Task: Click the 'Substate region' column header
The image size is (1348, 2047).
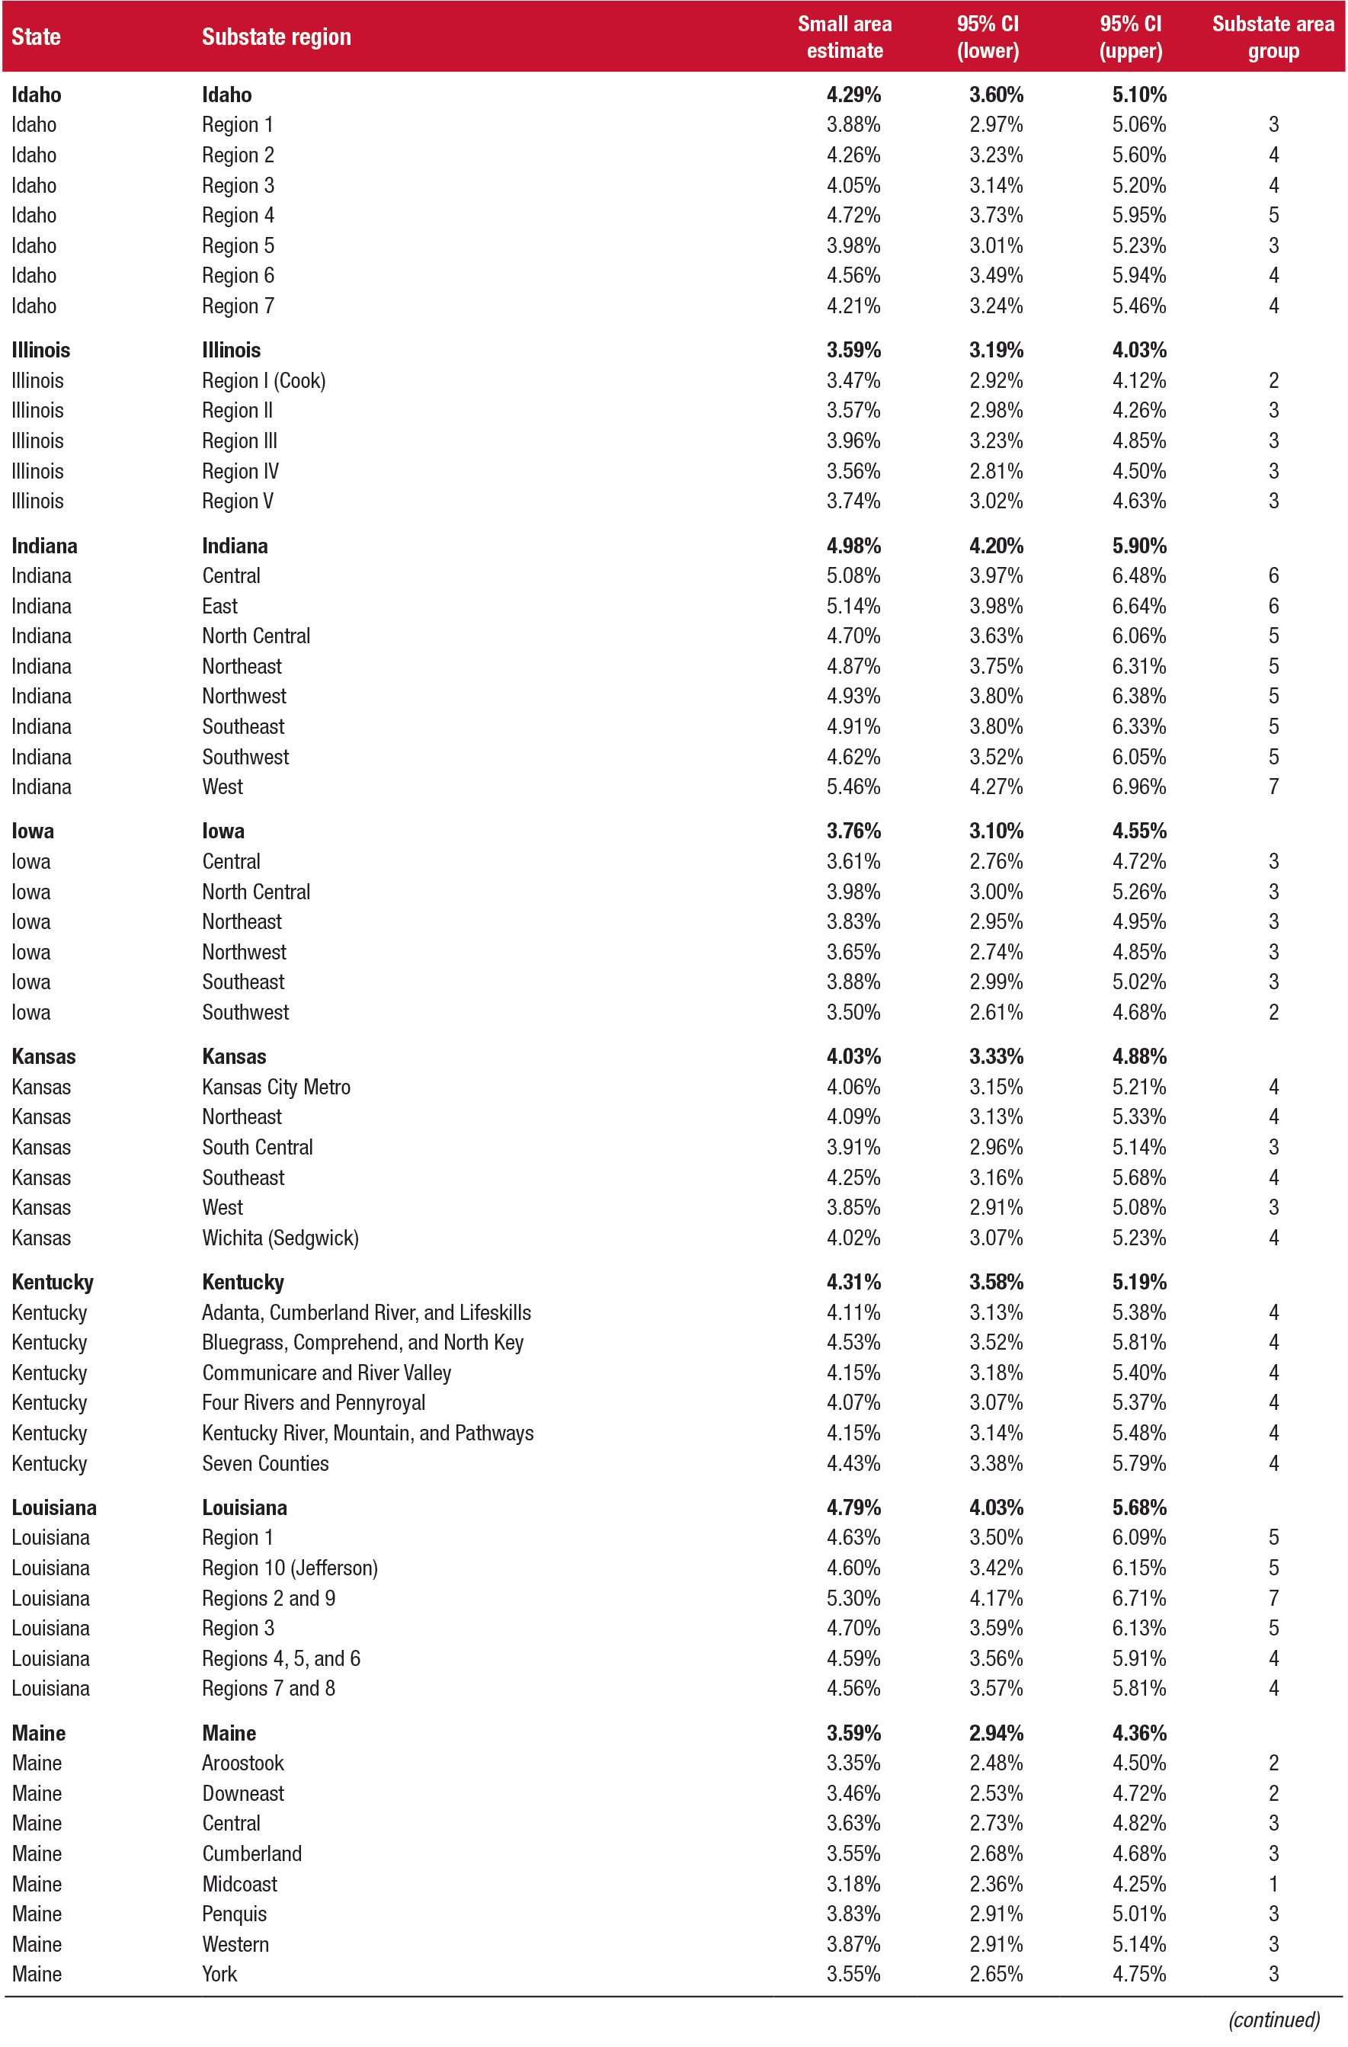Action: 276,37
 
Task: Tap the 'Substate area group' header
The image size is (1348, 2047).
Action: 1273,37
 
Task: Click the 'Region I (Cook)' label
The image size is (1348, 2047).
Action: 263,380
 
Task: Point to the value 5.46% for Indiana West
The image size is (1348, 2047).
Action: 853,786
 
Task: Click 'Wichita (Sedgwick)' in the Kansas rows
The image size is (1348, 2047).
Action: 280,1237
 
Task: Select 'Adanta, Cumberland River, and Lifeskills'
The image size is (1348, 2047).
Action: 366,1312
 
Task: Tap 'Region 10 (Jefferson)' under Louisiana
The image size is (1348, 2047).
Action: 289,1567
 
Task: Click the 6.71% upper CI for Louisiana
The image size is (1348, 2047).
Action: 1138,1597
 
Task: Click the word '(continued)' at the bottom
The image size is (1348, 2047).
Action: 1273,2019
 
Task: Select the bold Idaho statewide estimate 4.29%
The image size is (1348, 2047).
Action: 853,95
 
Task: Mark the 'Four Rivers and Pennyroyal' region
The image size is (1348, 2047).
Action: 313,1402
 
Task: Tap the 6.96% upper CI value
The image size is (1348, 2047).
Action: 1138,786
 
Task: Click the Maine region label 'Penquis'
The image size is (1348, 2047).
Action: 234,1913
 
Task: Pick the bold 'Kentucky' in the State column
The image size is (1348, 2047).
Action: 53,1282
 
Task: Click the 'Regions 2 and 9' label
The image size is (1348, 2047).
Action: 268,1597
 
